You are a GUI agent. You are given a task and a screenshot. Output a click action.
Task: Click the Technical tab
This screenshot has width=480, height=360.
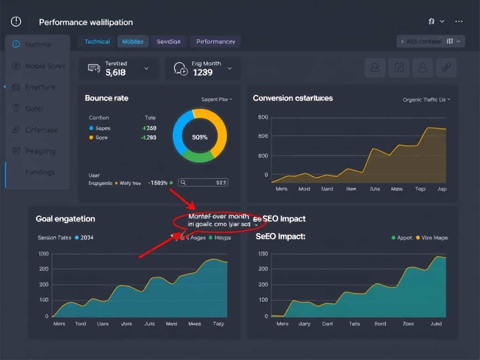pos(97,42)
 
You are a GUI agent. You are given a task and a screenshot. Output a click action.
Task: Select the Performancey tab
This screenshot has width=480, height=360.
pos(215,42)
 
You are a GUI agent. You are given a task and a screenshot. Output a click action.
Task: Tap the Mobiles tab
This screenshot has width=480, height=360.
pos(133,42)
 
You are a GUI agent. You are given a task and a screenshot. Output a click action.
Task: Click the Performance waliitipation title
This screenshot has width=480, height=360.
pos(86,22)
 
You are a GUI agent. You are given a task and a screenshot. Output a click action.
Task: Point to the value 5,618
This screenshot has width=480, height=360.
pos(115,73)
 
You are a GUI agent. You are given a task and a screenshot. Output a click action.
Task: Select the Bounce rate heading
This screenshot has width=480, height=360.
pos(106,98)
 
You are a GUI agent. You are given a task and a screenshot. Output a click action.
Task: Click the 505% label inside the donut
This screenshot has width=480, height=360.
pos(200,137)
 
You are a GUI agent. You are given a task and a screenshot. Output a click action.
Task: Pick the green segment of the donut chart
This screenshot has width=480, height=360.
pos(198,157)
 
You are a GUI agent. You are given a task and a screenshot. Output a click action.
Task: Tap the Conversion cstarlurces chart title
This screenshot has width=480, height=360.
pos(292,98)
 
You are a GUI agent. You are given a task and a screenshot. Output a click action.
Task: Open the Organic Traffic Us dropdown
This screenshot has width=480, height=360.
pos(426,100)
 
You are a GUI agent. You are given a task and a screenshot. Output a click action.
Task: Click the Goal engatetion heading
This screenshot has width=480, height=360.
pos(65,219)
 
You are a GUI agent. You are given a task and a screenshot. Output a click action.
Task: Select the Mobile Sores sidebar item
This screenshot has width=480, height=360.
pos(45,66)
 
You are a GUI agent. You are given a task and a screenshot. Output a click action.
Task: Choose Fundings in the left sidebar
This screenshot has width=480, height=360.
pos(40,172)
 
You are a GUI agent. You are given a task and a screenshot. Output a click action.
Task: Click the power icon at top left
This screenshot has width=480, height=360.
pos(16,22)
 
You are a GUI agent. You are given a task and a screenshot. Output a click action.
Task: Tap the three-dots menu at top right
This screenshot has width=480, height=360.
pos(459,22)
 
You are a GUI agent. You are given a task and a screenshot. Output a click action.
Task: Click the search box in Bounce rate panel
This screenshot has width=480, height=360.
pos(203,183)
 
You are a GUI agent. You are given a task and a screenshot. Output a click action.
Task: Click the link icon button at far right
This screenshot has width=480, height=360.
pos(446,68)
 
